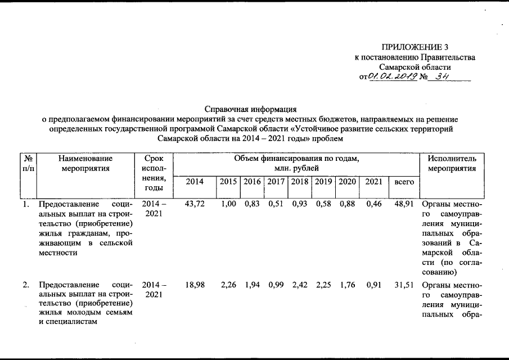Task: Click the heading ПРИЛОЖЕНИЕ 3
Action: [x=415, y=47]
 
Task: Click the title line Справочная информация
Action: [x=250, y=109]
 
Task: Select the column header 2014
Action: [x=195, y=182]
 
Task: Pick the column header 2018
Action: [x=300, y=182]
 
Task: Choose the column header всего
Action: [x=404, y=182]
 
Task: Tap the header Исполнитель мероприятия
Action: [x=452, y=164]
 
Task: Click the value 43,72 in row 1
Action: [x=195, y=204]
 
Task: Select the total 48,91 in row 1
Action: [x=404, y=204]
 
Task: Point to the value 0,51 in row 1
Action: [x=276, y=204]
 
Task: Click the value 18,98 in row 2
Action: [x=195, y=285]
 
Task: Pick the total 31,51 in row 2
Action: [x=404, y=285]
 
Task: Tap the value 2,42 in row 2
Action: [x=300, y=285]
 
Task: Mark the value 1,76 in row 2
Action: [x=348, y=285]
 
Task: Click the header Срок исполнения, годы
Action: [x=154, y=173]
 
